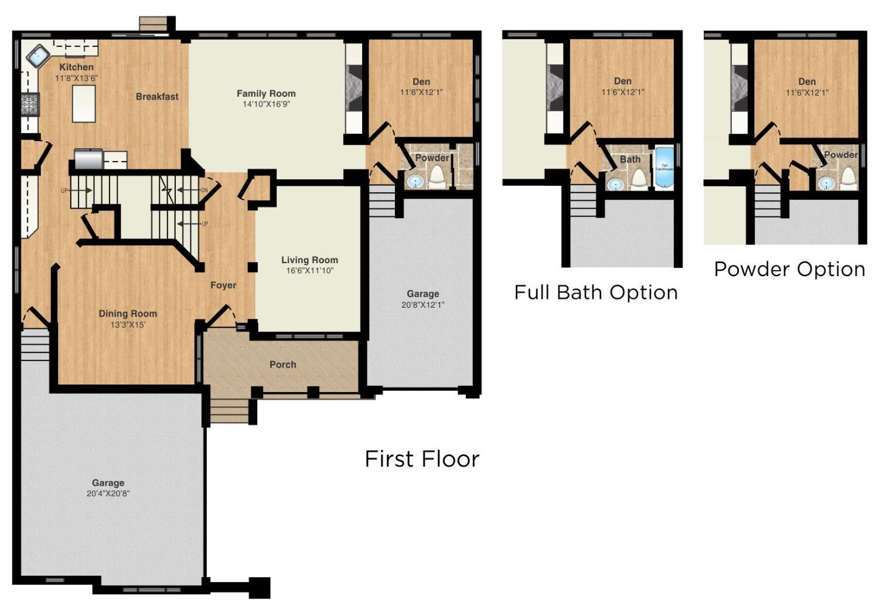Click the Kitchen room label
coord(76,67)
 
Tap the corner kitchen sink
coord(37,56)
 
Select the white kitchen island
coord(84,103)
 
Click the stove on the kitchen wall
coord(30,105)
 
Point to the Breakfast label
coord(157,97)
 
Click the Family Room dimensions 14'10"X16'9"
coord(266,104)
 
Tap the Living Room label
coord(309,260)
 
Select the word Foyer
coord(223,285)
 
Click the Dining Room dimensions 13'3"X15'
coord(127,325)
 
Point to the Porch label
coord(283,365)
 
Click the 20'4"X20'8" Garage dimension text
coord(108,494)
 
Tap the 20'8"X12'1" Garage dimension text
coord(423,305)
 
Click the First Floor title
coord(422,458)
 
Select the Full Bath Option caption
coord(595,292)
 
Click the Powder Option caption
coord(789,269)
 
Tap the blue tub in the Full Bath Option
coord(664,168)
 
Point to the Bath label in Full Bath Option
coord(630,159)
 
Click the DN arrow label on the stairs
coord(203,190)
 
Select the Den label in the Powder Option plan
coord(807,82)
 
